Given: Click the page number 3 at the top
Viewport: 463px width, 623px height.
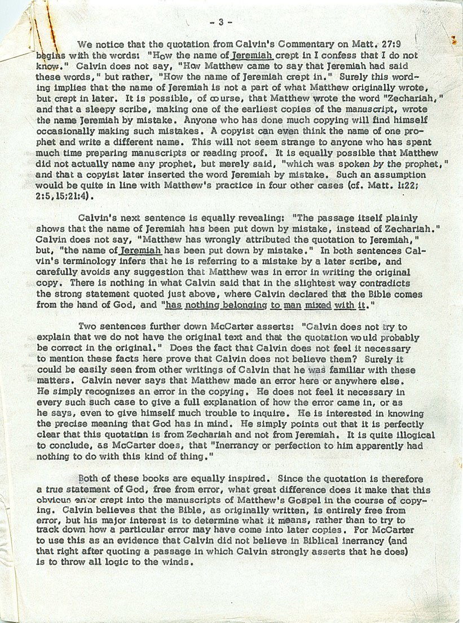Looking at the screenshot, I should coord(221,23).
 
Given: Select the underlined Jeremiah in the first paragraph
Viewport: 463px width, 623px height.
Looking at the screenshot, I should coord(252,56).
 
